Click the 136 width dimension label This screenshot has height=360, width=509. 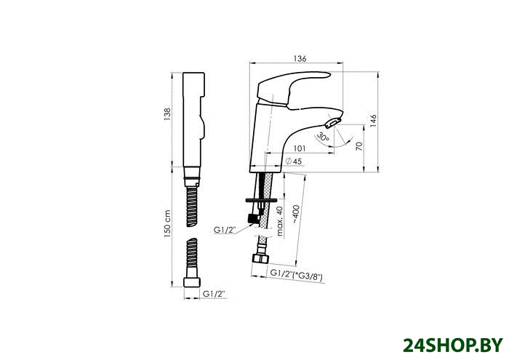coord(300,59)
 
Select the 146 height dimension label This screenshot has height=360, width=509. coord(373,121)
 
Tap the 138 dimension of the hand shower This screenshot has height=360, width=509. coord(167,114)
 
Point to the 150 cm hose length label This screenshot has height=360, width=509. coord(167,224)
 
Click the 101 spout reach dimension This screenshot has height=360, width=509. coord(300,148)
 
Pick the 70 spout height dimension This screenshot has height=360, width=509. coord(358,146)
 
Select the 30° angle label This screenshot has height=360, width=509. coord(323,137)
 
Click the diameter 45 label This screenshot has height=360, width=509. coord(294,161)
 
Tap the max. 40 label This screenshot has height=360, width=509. coord(279,221)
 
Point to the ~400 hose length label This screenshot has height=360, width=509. coord(296,215)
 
